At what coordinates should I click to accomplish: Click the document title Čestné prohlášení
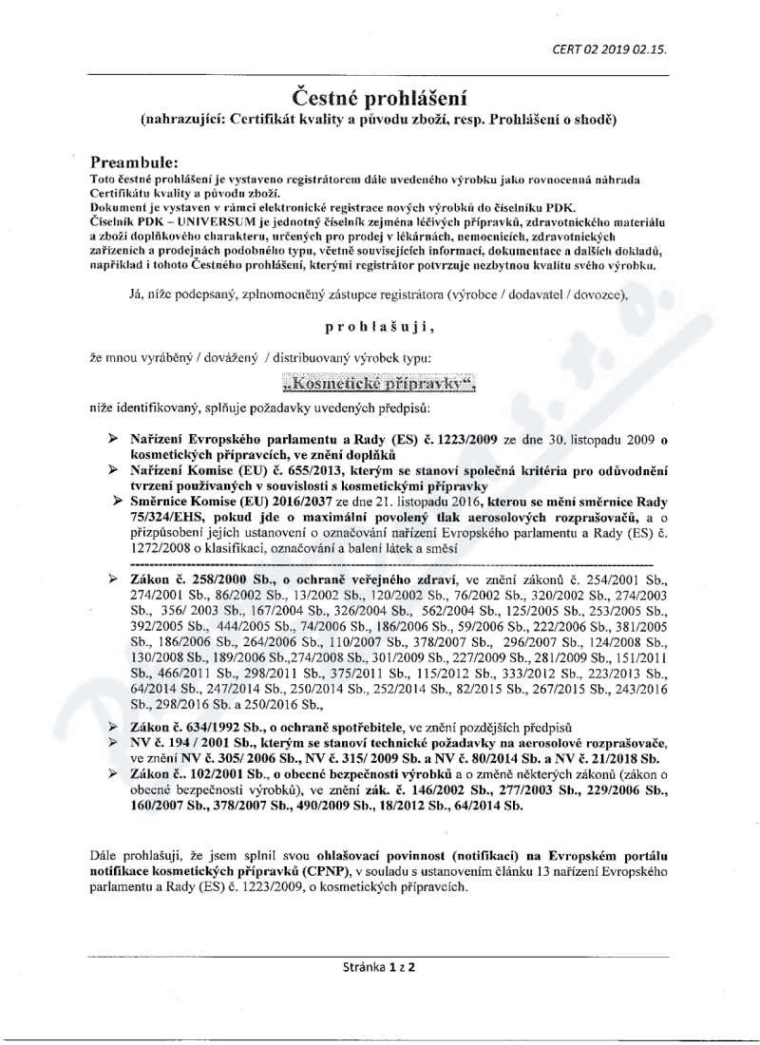point(379,97)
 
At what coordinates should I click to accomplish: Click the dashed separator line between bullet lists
point(380,563)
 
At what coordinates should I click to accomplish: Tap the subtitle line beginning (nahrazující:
point(379,121)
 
